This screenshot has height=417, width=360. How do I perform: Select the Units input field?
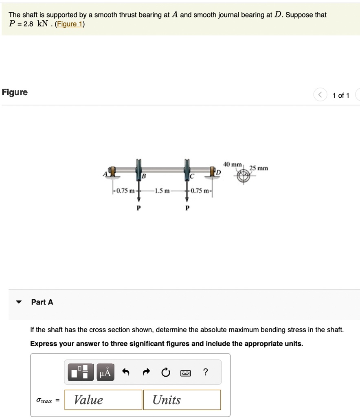(182, 399)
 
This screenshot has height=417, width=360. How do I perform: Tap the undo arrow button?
(126, 372)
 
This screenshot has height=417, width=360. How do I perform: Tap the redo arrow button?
(145, 372)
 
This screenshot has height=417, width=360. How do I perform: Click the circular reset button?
(165, 372)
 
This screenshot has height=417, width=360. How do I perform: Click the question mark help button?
(206, 372)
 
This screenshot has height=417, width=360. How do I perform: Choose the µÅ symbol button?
(105, 372)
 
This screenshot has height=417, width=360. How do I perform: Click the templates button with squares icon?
(80, 372)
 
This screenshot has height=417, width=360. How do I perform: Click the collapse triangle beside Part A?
(18, 302)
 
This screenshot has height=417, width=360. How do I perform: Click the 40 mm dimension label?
(233, 164)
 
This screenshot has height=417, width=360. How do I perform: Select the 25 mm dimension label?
(259, 168)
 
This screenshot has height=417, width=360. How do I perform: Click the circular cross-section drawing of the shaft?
(244, 176)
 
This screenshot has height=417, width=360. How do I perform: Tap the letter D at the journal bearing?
(218, 173)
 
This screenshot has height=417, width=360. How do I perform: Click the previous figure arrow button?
(320, 95)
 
